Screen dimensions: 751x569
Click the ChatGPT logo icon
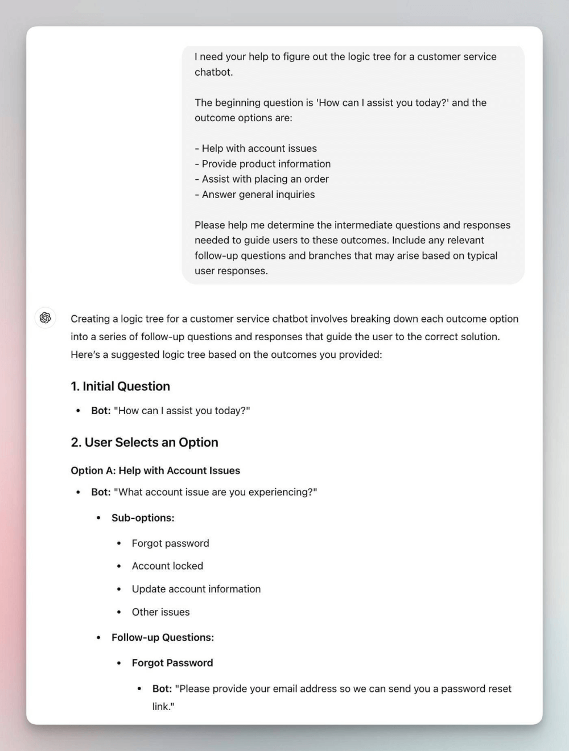pyautogui.click(x=46, y=317)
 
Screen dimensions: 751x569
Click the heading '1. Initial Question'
pyautogui.click(x=120, y=386)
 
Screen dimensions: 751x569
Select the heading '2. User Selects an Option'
pyautogui.click(x=145, y=442)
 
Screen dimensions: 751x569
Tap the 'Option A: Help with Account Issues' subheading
pyautogui.click(x=155, y=471)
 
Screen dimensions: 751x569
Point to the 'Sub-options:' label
pyautogui.click(x=143, y=518)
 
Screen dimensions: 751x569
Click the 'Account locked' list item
pyautogui.click(x=167, y=566)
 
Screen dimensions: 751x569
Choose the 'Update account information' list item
pyautogui.click(x=196, y=589)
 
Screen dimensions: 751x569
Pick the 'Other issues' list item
pyautogui.click(x=160, y=612)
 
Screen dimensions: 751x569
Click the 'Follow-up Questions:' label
pyautogui.click(x=163, y=637)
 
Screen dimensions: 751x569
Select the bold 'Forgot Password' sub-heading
pyautogui.click(x=172, y=663)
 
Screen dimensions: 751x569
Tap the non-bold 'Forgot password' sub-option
pyautogui.click(x=170, y=543)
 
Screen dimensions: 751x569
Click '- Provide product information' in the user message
pyautogui.click(x=262, y=164)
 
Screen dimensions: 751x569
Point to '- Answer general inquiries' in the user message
pyautogui.click(x=254, y=195)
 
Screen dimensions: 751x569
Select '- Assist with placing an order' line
pyautogui.click(x=262, y=179)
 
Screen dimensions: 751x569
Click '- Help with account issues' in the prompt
pyautogui.click(x=255, y=148)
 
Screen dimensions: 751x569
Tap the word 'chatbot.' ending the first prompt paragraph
pyautogui.click(x=213, y=72)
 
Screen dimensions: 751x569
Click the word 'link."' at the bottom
pyautogui.click(x=163, y=707)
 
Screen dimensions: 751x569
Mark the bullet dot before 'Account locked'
pyautogui.click(x=119, y=566)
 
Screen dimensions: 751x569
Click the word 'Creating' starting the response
pyautogui.click(x=90, y=319)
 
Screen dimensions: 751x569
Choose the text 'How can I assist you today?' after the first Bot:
pyautogui.click(x=182, y=411)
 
